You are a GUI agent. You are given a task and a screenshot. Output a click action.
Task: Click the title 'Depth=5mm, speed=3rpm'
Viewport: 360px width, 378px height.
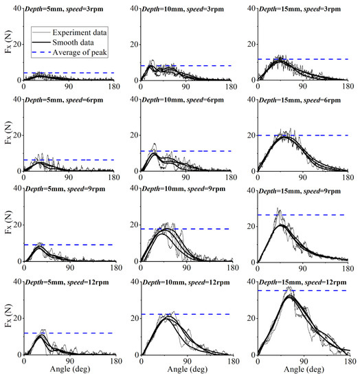(x=64, y=9)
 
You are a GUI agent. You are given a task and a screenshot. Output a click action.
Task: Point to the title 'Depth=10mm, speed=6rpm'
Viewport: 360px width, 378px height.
(x=183, y=100)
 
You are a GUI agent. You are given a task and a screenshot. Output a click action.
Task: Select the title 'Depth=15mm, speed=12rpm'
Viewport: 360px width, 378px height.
(x=303, y=282)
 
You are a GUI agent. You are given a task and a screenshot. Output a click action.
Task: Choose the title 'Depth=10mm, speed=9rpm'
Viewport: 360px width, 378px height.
(x=183, y=189)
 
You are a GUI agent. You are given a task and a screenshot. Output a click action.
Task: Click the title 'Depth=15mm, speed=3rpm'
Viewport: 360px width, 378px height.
(x=300, y=9)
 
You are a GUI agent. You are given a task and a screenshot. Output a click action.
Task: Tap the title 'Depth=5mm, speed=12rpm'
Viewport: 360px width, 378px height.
(x=67, y=282)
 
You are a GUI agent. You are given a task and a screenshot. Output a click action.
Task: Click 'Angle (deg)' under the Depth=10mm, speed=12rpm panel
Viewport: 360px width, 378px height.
(x=188, y=369)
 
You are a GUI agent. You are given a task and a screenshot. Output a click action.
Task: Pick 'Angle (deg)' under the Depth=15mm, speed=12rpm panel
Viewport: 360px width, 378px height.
(x=304, y=369)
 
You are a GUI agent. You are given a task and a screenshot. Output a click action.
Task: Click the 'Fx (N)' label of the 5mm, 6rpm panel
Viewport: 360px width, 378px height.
(x=9, y=133)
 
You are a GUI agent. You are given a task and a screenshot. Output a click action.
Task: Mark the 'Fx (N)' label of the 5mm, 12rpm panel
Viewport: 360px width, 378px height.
(x=9, y=315)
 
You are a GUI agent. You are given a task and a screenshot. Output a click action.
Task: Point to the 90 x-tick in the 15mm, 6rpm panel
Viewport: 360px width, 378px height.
(x=303, y=178)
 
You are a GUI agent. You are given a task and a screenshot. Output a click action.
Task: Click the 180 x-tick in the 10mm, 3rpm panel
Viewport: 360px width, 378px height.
(x=232, y=87)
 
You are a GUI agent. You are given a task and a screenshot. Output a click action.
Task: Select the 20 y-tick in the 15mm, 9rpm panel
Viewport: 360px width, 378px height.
(x=251, y=226)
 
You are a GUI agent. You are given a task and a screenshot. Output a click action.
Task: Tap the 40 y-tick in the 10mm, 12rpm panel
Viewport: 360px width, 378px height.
(x=134, y=282)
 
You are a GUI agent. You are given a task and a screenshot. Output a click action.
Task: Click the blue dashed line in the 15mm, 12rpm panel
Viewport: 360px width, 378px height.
(x=303, y=291)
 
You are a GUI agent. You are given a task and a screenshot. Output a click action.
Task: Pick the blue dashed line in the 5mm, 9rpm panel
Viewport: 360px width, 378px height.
(x=69, y=245)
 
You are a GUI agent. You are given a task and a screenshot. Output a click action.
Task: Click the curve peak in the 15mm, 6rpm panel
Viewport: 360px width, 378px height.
(x=284, y=137)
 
